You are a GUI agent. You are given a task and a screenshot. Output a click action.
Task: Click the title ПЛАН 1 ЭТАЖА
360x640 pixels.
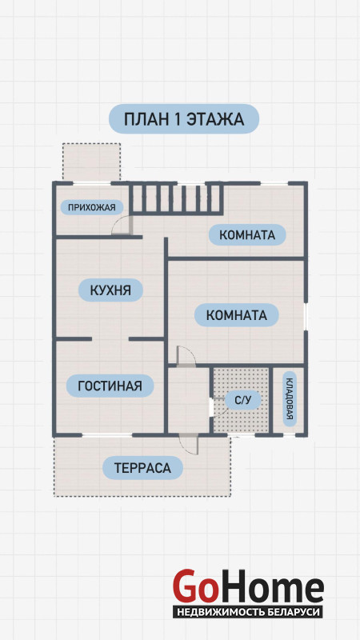pyautogui.click(x=184, y=119)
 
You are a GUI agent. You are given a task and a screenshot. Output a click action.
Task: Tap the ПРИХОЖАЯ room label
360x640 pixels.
pyautogui.click(x=91, y=207)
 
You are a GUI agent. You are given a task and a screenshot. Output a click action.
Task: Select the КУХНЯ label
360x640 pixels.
pyautogui.click(x=110, y=290)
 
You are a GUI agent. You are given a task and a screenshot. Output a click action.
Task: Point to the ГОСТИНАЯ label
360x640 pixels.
pyautogui.click(x=110, y=386)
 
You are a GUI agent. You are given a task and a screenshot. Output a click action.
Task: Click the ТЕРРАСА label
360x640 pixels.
pyautogui.click(x=142, y=468)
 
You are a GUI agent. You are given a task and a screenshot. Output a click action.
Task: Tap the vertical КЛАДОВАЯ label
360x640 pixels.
pyautogui.click(x=289, y=399)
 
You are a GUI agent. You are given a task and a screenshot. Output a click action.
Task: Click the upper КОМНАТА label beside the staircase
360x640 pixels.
pyautogui.click(x=247, y=234)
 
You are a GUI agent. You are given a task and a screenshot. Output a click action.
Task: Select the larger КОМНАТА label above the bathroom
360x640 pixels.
pyautogui.click(x=236, y=315)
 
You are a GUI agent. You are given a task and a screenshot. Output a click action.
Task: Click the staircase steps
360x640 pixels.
pyautogui.click(x=176, y=198)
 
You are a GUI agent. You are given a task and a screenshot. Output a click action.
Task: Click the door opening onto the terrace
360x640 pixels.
pyautogui.click(x=188, y=444)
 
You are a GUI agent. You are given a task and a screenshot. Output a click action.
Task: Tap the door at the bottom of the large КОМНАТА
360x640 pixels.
pyautogui.click(x=186, y=355)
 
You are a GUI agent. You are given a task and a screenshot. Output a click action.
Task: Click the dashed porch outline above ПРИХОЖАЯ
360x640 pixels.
pyautogui.click(x=91, y=162)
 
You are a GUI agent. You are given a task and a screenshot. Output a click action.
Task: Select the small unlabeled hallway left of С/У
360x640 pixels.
pyautogui.click(x=189, y=400)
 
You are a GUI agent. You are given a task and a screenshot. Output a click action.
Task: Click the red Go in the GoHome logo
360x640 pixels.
pyautogui.click(x=194, y=587)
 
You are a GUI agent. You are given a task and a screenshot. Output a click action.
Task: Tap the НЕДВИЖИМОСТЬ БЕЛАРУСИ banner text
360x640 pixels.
pyautogui.click(x=248, y=612)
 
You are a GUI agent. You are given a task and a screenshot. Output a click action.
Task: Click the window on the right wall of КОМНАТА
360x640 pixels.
pyautogui.click(x=306, y=317)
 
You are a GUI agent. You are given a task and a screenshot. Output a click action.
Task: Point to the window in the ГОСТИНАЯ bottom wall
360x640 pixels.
pyautogui.click(x=107, y=435)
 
